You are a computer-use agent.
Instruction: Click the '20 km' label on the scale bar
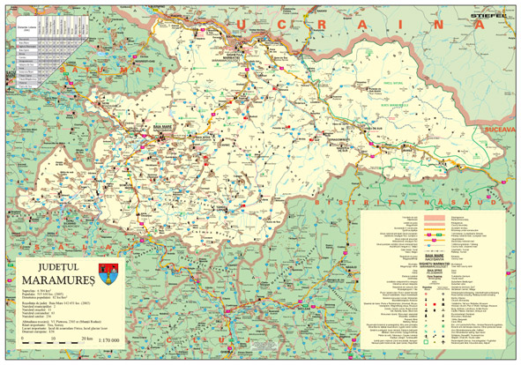pyautogui.click(x=86, y=339)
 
